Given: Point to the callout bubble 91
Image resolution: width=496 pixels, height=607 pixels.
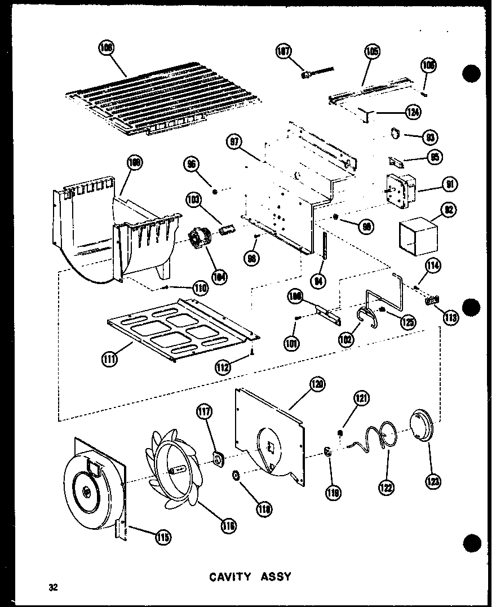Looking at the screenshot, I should (450, 184).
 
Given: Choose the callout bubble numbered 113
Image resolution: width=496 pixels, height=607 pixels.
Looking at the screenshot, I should (450, 317).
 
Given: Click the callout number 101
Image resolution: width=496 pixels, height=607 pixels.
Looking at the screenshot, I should (291, 342).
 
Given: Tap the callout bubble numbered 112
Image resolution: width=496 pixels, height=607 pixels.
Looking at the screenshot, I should (224, 368).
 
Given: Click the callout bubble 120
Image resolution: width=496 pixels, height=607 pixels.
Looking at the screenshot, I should (317, 386).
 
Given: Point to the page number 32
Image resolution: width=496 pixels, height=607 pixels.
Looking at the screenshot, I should (52, 587).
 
